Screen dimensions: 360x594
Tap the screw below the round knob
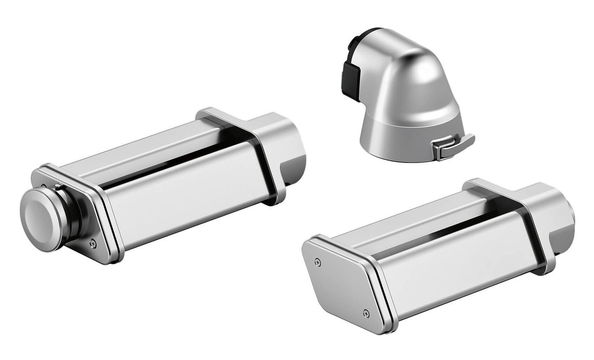click(x=93, y=243)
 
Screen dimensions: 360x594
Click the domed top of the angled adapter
click(x=421, y=64)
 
